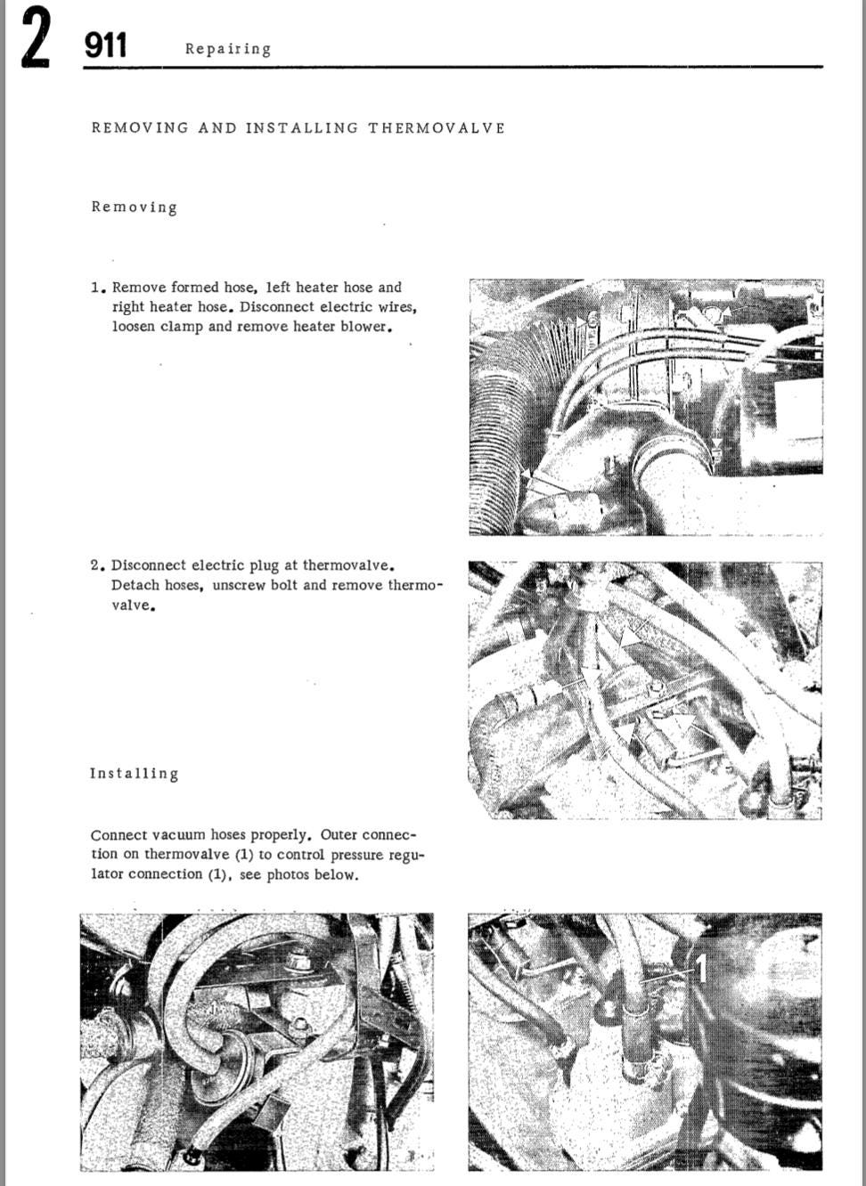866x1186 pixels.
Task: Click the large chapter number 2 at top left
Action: (x=36, y=37)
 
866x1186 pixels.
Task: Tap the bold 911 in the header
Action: (x=106, y=45)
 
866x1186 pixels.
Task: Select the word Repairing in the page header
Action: (x=227, y=49)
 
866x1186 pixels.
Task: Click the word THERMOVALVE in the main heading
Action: (x=437, y=128)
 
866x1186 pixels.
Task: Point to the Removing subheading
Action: (x=134, y=207)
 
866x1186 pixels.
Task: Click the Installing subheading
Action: (x=134, y=774)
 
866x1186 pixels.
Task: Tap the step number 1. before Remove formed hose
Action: (x=98, y=288)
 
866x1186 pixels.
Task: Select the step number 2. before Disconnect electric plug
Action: (x=98, y=565)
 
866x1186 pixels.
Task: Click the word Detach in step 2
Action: (x=135, y=586)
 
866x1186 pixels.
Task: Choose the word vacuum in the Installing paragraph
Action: (x=179, y=835)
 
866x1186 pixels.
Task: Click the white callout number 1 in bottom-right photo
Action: (x=700, y=968)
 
